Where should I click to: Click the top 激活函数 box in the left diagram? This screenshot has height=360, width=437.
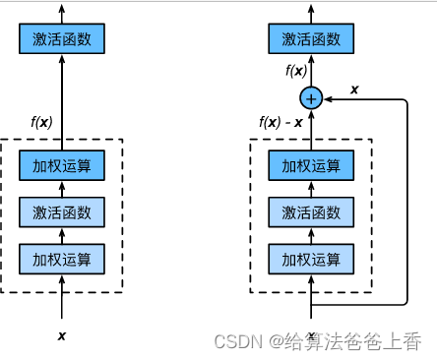pyautogui.click(x=61, y=39)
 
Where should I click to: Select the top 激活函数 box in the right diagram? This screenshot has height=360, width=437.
pyautogui.click(x=311, y=39)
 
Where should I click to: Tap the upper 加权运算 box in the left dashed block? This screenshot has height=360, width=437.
pyautogui.click(x=61, y=165)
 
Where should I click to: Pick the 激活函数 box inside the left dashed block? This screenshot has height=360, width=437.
pyautogui.click(x=61, y=211)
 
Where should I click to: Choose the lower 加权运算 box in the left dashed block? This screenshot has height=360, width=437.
pyautogui.click(x=61, y=259)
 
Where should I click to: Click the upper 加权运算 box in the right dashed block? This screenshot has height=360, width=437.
pyautogui.click(x=311, y=165)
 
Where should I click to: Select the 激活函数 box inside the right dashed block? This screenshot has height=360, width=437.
pyautogui.click(x=311, y=211)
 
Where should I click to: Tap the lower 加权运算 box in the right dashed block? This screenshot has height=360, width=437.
pyautogui.click(x=311, y=259)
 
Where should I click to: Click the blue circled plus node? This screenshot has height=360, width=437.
pyautogui.click(x=311, y=97)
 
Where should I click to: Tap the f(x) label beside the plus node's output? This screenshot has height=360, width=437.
pyautogui.click(x=296, y=71)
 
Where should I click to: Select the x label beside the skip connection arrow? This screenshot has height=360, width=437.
pyautogui.click(x=354, y=89)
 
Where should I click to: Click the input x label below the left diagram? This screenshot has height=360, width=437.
pyautogui.click(x=61, y=335)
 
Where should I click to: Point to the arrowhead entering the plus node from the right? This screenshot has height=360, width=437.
pyautogui.click(x=328, y=97)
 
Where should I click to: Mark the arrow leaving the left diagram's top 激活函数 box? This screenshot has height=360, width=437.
pyautogui.click(x=61, y=13)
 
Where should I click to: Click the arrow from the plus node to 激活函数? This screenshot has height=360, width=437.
pyautogui.click(x=311, y=71)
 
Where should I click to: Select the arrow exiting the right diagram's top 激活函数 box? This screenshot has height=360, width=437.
pyautogui.click(x=311, y=13)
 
